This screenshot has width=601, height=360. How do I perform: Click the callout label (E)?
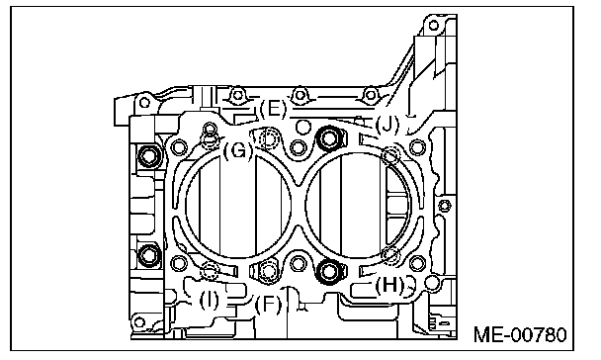pyautogui.click(x=273, y=109)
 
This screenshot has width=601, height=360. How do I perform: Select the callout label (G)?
pyautogui.click(x=238, y=151)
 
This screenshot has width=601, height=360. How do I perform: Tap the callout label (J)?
pyautogui.click(x=387, y=125)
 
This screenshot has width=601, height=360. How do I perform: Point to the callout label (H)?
pyautogui.click(x=389, y=285)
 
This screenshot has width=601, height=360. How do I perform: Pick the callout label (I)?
pyautogui.click(x=209, y=301)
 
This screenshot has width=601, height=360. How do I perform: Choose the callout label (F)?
pyautogui.click(x=268, y=305)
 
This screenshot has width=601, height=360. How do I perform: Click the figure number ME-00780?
pyautogui.click(x=520, y=334)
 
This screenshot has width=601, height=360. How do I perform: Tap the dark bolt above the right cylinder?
pyautogui.click(x=329, y=138)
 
